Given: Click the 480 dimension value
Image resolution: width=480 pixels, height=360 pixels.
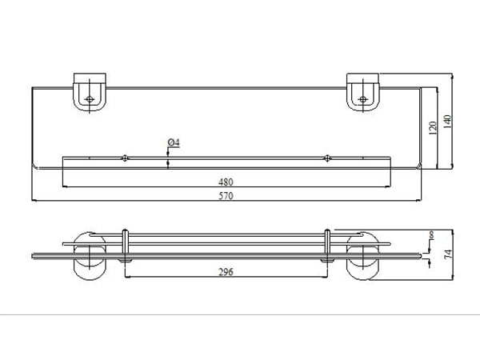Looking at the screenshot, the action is [226, 182].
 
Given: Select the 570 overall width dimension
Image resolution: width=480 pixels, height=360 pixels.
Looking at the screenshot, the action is [226, 196].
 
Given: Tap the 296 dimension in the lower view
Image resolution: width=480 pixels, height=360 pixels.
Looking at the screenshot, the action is [226, 272].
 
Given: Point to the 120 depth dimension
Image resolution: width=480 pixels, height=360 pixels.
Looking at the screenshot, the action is [433, 128].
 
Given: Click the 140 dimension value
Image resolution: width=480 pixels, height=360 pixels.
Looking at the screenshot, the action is [447, 122].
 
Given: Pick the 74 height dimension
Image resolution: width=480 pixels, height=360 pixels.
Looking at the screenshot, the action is [448, 254].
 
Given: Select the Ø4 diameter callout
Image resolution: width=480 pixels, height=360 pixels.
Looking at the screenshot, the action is [174, 142].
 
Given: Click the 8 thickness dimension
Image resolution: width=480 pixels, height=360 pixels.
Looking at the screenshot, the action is [432, 235].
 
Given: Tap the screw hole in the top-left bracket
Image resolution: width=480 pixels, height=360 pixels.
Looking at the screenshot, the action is [89, 99].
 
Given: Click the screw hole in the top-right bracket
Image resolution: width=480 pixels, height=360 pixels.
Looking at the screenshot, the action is [362, 99].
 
